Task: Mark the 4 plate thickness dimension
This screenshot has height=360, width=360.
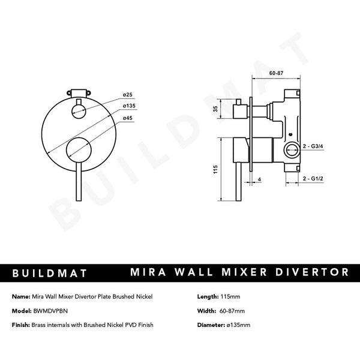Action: [x=259, y=179]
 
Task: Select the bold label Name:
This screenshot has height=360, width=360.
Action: [x=21, y=296]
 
